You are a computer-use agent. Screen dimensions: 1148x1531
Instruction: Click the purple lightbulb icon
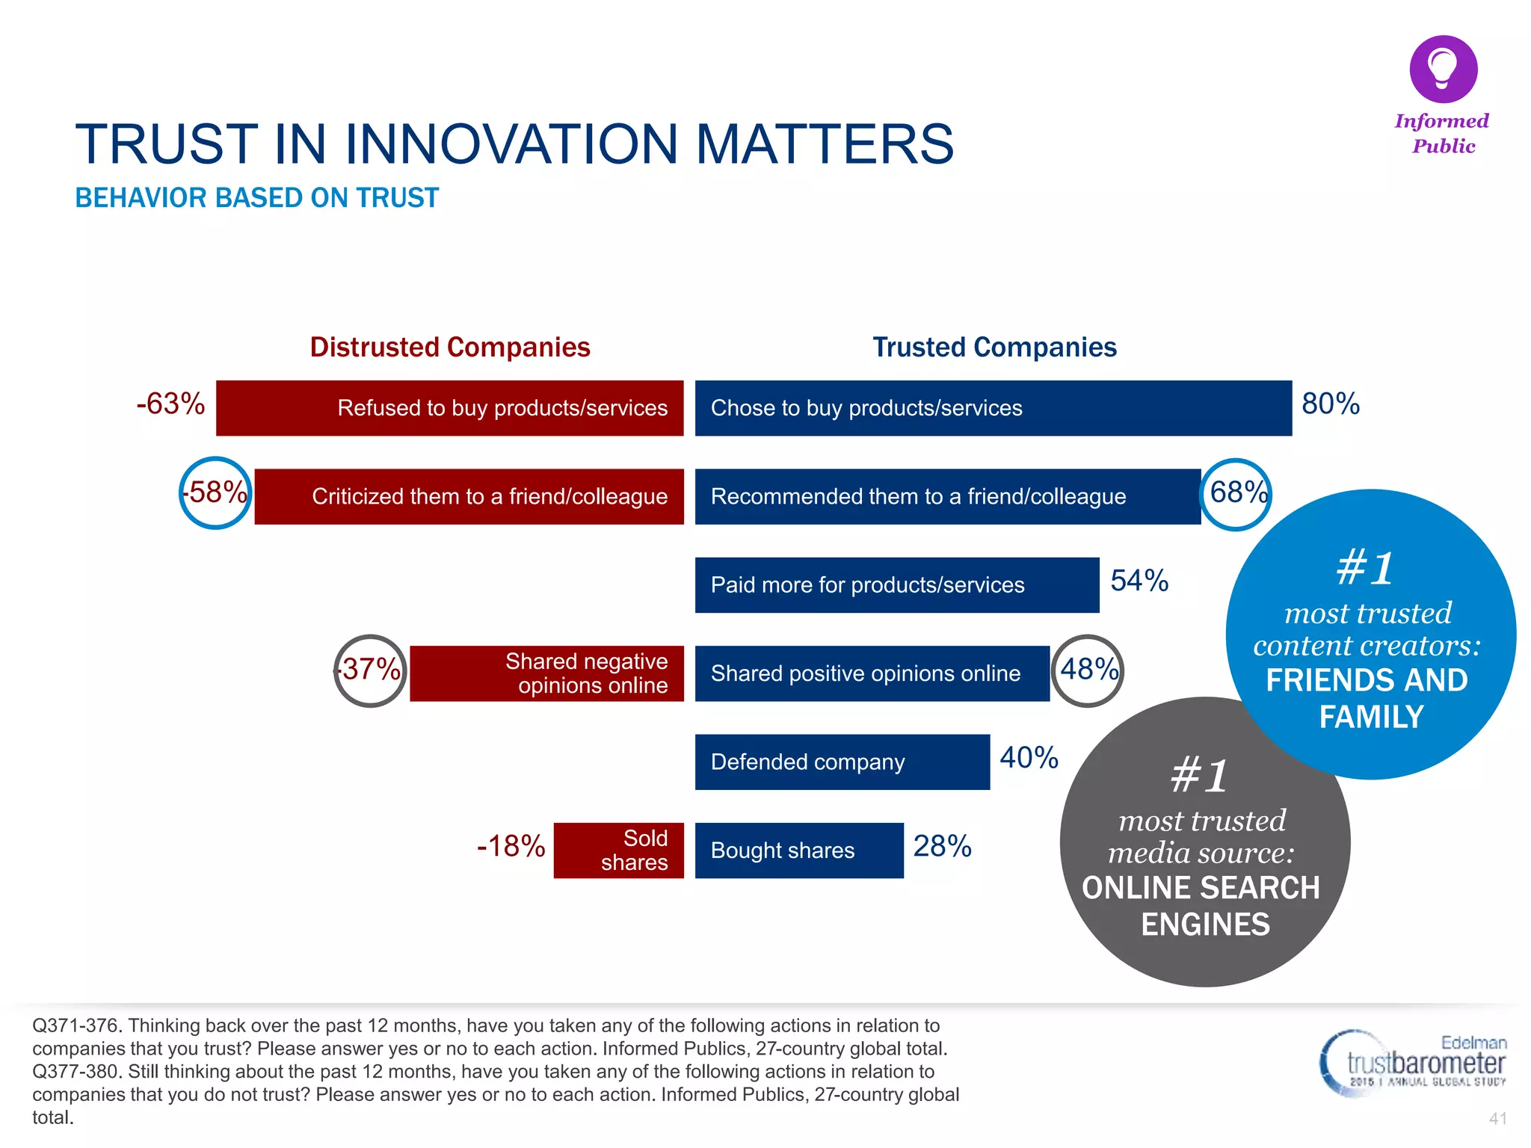pyautogui.click(x=1443, y=69)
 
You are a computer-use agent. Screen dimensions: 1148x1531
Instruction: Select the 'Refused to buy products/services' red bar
pyautogui.click(x=449, y=408)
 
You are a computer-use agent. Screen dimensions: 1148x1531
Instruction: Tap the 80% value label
pyautogui.click(x=1330, y=404)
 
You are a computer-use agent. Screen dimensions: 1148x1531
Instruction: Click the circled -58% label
pyautogui.click(x=216, y=493)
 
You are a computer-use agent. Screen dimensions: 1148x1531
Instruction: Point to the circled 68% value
pyautogui.click(x=1237, y=493)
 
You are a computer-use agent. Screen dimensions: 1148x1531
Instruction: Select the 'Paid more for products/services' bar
pyautogui.click(x=896, y=585)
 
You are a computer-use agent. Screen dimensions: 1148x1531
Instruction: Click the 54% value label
pyautogui.click(x=1139, y=581)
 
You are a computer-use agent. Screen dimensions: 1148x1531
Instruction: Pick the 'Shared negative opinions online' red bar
pyautogui.click(x=546, y=673)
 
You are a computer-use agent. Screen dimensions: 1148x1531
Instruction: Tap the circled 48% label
pyautogui.click(x=1088, y=670)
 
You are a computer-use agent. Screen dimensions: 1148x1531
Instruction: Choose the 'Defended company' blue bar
pyautogui.click(x=842, y=762)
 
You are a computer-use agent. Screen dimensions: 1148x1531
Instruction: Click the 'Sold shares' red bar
pyautogui.click(x=618, y=851)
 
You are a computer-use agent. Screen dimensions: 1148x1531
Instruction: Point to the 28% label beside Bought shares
pyautogui.click(x=942, y=846)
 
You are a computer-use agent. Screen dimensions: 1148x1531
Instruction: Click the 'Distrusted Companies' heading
pyautogui.click(x=450, y=348)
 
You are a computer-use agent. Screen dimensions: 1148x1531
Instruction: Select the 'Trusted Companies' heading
pyautogui.click(x=994, y=348)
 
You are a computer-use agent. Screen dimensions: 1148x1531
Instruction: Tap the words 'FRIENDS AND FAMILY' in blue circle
pyautogui.click(x=1368, y=698)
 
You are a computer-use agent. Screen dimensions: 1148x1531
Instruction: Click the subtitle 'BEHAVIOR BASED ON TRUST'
pyautogui.click(x=256, y=198)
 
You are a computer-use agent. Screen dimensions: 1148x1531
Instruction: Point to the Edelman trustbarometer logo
pyautogui.click(x=1412, y=1064)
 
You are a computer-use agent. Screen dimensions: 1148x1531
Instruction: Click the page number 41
pyautogui.click(x=1497, y=1119)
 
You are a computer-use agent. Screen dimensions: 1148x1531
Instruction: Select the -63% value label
pyautogui.click(x=170, y=404)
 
